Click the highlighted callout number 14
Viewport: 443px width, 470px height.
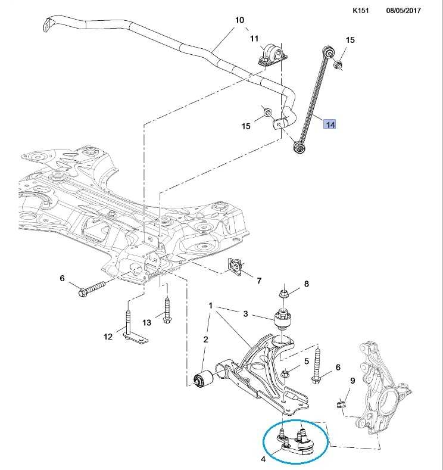tap(330, 124)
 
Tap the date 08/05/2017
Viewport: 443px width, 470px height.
tap(404, 10)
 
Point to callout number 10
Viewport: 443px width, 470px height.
tap(239, 20)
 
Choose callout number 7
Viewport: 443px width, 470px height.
tap(259, 280)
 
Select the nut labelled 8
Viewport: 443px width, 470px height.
tap(285, 294)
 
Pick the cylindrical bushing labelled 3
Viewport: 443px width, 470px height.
tap(282, 320)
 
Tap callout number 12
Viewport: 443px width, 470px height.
tap(108, 337)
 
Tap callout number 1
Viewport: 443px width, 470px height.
tap(210, 306)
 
